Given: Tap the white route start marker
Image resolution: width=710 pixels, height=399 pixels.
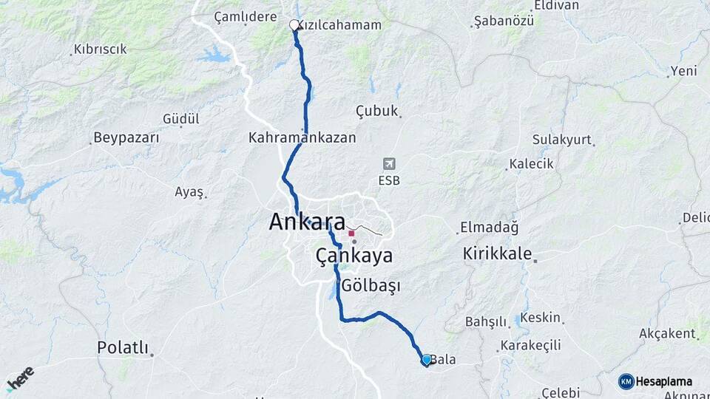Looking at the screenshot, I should [294, 25].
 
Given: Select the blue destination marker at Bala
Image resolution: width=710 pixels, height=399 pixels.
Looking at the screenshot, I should [427, 360].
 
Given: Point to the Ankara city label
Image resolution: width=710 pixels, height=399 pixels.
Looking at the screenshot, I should [307, 222].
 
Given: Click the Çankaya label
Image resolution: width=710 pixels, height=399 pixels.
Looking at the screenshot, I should [354, 256].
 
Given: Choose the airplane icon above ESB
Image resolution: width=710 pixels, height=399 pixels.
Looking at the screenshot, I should [390, 163].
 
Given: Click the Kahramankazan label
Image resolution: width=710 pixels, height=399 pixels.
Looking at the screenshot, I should [302, 138].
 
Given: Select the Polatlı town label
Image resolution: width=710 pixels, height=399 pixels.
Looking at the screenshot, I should [123, 347].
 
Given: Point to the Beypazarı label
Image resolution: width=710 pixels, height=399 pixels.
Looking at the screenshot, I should [126, 138].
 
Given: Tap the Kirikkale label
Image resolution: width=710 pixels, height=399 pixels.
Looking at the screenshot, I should [497, 254].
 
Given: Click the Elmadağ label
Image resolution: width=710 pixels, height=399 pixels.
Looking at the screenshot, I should [490, 226].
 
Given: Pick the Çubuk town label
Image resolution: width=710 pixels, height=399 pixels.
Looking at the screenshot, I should [376, 112].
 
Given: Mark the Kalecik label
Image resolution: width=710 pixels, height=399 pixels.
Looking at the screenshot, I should [532, 164].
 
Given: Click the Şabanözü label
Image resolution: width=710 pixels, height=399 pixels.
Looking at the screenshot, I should [504, 20].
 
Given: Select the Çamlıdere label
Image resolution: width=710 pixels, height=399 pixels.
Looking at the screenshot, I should [245, 16].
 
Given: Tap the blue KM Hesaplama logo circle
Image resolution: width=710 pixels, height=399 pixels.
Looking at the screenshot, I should [626, 381].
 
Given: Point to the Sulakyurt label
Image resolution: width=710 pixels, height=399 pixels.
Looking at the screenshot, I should [562, 140].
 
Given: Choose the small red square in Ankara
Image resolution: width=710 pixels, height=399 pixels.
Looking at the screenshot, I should [351, 233].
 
